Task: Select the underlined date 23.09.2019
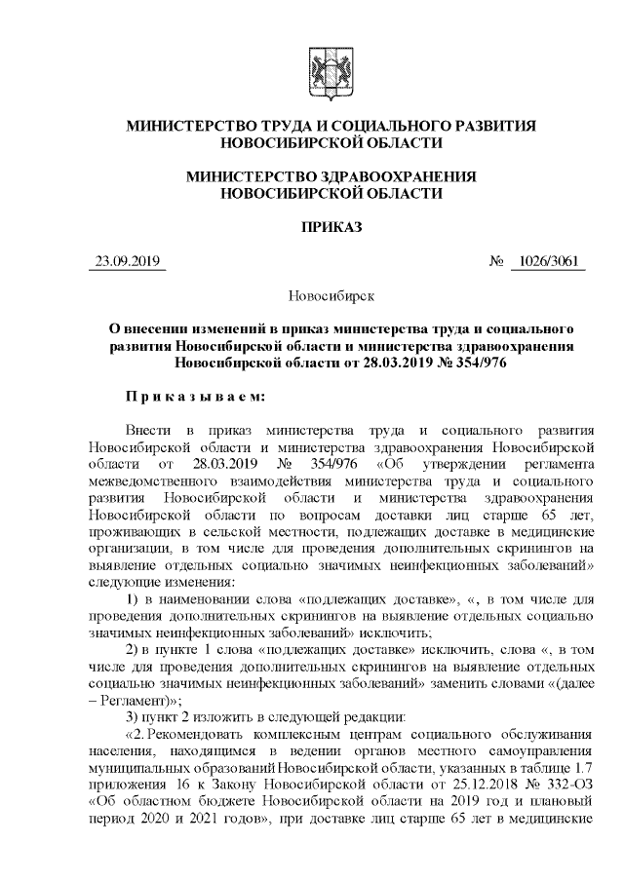(127, 262)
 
